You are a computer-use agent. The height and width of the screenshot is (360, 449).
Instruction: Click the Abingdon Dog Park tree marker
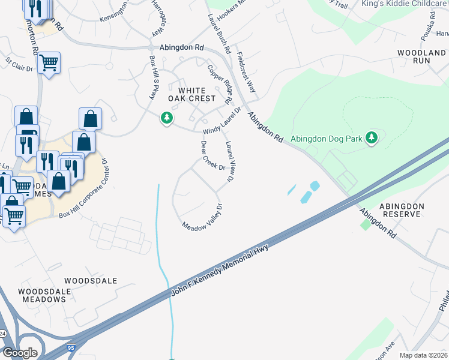click(372, 138)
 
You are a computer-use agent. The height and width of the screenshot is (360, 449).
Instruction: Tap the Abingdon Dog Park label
click(327, 139)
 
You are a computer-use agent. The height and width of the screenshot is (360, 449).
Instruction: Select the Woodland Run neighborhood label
click(422, 57)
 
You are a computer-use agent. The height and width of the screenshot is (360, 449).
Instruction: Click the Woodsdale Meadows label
click(44, 296)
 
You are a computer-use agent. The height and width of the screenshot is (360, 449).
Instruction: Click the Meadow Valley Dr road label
click(203, 217)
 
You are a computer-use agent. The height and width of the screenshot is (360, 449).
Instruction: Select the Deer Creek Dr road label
click(212, 156)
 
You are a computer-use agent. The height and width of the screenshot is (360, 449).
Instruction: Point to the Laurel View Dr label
click(230, 162)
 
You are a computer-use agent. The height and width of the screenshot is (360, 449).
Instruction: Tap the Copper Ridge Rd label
click(220, 85)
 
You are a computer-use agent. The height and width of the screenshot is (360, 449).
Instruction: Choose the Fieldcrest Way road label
click(246, 74)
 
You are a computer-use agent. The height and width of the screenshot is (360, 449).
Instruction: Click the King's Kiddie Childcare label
click(405, 4)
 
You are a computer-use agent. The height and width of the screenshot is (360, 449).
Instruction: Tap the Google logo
click(19, 353)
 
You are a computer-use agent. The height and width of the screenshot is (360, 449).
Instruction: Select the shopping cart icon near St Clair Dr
click(49, 62)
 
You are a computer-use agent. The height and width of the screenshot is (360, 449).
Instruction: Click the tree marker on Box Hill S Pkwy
click(167, 118)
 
